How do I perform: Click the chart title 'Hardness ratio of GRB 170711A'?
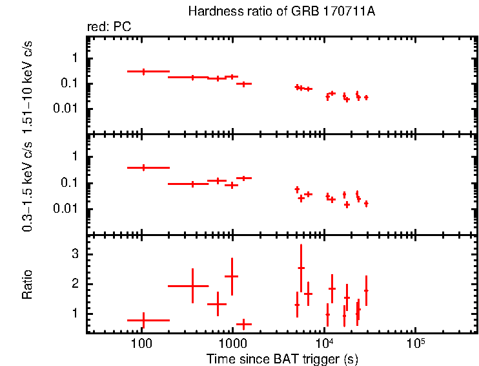pos(281,12)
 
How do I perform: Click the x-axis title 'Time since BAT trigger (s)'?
pos(282,358)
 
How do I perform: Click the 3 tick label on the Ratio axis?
pos(76,255)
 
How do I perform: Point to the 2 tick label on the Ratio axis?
pos(76,284)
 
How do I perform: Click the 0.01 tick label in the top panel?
pos(68,109)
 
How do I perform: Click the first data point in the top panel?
pos(143,71)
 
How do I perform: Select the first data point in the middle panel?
pos(143,167)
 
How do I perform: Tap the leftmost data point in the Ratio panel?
pos(143,320)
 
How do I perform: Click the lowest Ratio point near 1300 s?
pos(243,323)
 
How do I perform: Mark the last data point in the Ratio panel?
pos(366,290)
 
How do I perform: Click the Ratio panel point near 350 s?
pos(192,285)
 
